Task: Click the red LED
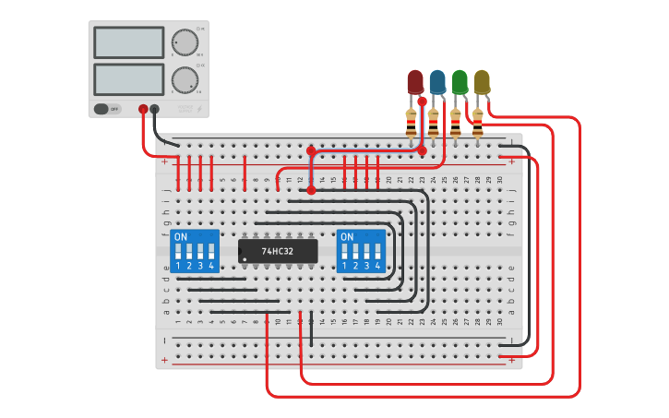(415, 81)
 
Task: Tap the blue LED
(437, 81)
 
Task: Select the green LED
(460, 81)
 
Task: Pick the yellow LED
(482, 81)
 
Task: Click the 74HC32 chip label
(277, 251)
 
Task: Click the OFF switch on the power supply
(108, 109)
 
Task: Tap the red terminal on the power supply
(143, 109)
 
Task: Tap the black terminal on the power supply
(154, 109)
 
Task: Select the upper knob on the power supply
(184, 42)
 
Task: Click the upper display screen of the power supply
(128, 42)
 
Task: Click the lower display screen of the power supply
(128, 79)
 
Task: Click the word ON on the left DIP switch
(181, 237)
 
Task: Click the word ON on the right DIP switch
(347, 237)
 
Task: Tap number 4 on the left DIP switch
(212, 267)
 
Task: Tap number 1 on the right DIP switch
(345, 267)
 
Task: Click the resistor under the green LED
(456, 121)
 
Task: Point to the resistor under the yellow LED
(478, 121)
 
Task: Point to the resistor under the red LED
(412, 121)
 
